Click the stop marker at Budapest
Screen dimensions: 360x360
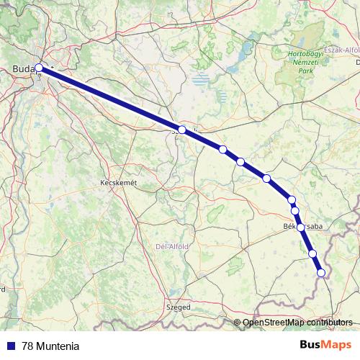tap(39, 69)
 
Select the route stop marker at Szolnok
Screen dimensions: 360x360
tap(182, 130)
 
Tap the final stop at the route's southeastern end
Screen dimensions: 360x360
tap(321, 272)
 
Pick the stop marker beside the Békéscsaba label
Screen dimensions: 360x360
tap(300, 227)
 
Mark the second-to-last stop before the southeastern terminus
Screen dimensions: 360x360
tap(312, 253)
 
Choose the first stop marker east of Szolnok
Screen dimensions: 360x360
tap(223, 150)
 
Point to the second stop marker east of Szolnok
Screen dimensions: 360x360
tap(240, 161)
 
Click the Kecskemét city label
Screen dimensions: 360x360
tap(117, 184)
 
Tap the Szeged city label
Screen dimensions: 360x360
tap(178, 307)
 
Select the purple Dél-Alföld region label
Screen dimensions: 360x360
tap(172, 246)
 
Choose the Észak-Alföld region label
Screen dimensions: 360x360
tap(341, 50)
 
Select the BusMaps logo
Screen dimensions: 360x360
tap(325, 344)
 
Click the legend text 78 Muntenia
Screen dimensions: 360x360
tap(50, 346)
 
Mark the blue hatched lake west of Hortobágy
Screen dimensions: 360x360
tap(204, 78)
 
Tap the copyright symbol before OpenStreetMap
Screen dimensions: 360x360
tap(238, 322)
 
